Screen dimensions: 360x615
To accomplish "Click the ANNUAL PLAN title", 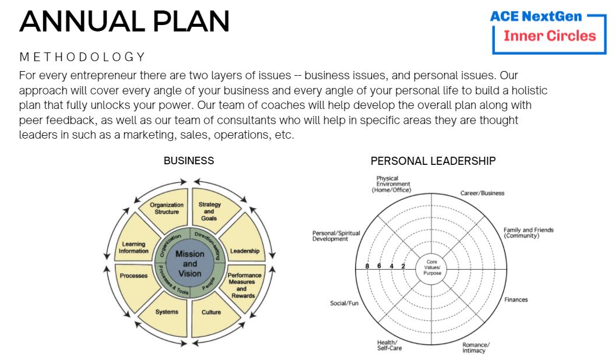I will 124,21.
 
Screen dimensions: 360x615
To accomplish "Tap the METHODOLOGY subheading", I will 82,57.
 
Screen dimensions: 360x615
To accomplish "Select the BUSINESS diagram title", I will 189,161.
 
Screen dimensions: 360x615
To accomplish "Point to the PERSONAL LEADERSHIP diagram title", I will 433,161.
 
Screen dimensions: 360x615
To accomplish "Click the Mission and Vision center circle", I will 189,263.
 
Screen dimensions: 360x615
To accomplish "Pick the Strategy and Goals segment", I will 209,211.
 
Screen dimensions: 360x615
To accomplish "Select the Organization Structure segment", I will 167,209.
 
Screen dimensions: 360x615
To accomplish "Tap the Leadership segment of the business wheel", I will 244,251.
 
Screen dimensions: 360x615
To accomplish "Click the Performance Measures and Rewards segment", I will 244,285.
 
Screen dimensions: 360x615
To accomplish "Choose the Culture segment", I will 211,313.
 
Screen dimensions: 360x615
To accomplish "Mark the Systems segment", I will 167,312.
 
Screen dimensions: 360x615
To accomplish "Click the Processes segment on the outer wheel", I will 133,276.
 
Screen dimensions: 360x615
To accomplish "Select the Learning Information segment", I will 133,248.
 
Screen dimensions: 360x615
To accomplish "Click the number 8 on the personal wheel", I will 367,266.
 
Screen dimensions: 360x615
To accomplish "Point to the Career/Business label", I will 482,193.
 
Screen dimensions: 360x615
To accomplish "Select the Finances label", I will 516,300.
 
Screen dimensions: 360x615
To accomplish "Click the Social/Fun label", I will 344,303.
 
